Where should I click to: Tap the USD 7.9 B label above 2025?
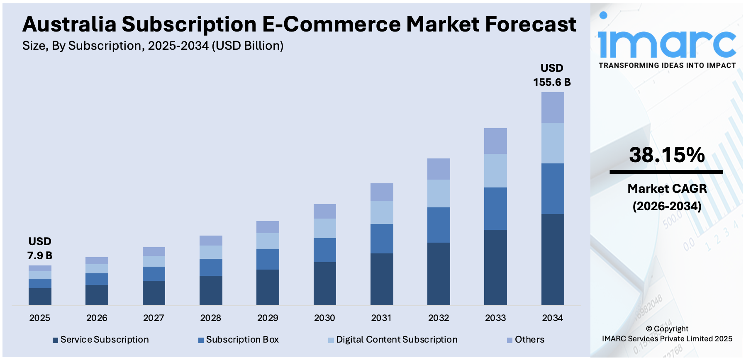(x=40, y=248)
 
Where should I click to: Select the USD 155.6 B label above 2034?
(x=552, y=75)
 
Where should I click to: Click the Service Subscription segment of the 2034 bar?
(x=552, y=259)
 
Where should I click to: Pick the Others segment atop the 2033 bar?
(x=495, y=141)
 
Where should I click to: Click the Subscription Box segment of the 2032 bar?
(x=439, y=225)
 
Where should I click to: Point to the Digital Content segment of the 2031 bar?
(x=382, y=212)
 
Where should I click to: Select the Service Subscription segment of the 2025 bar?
(x=40, y=297)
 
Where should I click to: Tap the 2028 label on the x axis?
(x=210, y=318)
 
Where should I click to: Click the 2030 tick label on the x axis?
(x=324, y=318)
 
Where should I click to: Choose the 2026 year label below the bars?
(x=97, y=318)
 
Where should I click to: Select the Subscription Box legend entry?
(x=239, y=340)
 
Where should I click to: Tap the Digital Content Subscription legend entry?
(x=393, y=340)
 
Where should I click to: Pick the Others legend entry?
(x=526, y=340)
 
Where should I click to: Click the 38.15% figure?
(x=667, y=155)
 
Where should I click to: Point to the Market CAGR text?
(x=667, y=189)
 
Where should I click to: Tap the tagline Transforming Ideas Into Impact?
(x=667, y=66)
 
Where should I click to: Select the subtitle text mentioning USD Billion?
(x=153, y=46)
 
